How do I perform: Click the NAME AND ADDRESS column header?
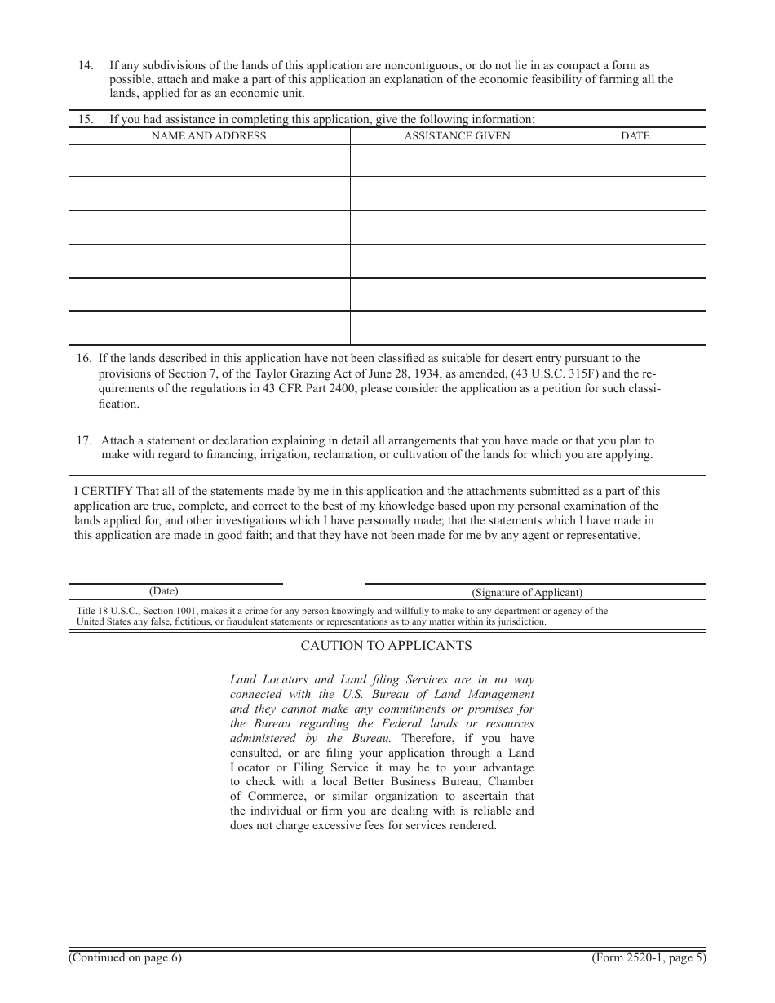click(209, 136)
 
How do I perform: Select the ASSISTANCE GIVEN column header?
click(457, 136)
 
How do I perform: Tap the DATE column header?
click(635, 136)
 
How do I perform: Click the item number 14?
click(86, 65)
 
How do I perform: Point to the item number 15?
click(86, 119)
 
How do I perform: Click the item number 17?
click(84, 440)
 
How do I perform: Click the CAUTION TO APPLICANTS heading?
click(386, 645)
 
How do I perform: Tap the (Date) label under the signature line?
click(163, 591)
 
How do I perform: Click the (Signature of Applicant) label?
click(527, 593)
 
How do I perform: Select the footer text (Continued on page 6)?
click(125, 958)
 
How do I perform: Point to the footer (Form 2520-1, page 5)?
click(649, 958)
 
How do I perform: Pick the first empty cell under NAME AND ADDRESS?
click(209, 161)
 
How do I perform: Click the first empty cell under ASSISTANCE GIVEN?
click(457, 161)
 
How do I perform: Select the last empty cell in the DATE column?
click(635, 328)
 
